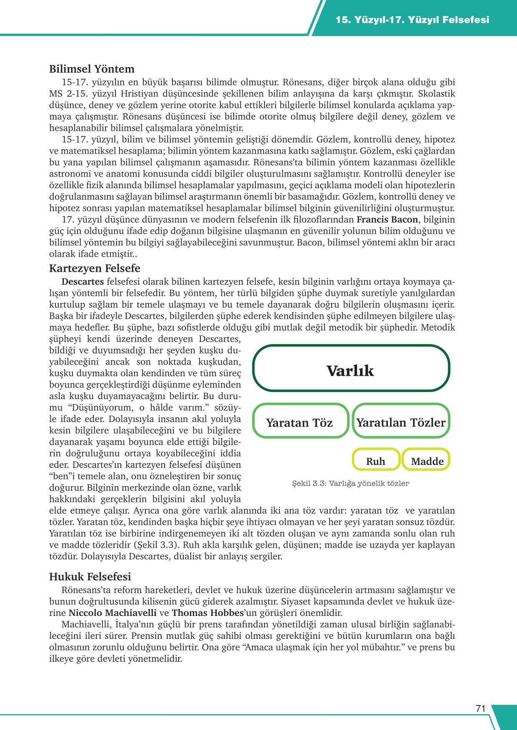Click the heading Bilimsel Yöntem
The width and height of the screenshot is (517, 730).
92,69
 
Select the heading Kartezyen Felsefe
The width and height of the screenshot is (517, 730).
95,268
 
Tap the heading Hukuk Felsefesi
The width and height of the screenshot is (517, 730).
90,577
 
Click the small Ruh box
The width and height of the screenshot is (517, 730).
375,461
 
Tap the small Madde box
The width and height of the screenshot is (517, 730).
427,461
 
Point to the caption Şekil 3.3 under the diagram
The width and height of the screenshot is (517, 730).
350,483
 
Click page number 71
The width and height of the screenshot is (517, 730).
480,708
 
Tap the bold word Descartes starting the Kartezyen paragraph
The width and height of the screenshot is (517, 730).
83,282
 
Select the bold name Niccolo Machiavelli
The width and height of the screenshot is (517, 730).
112,613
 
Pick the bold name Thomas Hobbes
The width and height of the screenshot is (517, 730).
207,613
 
